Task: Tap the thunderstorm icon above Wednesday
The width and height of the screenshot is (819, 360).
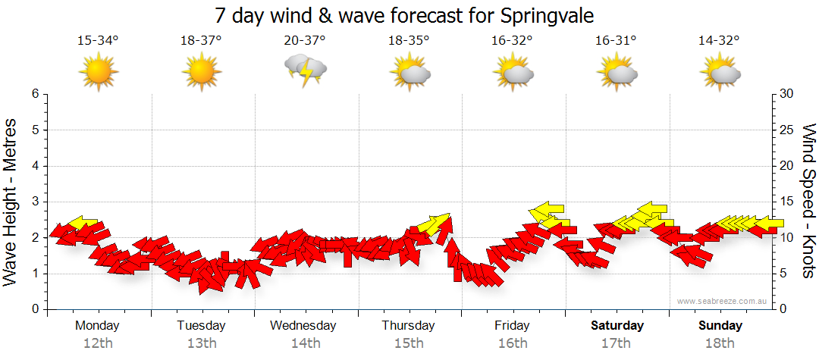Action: [x=306, y=70]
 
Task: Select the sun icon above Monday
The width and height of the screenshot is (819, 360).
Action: [x=99, y=71]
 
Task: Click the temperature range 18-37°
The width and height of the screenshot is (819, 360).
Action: [x=201, y=41]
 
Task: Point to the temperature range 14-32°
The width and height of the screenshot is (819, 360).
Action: [x=719, y=41]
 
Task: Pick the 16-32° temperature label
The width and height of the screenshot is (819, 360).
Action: [x=512, y=41]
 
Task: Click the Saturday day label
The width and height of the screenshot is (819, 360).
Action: [x=617, y=326]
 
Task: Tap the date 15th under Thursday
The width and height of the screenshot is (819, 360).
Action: [x=409, y=343]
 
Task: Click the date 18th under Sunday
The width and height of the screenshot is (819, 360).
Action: [x=720, y=343]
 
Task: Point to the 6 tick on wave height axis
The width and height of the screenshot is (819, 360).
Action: [x=35, y=94]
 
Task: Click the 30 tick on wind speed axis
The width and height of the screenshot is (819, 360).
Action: [x=787, y=94]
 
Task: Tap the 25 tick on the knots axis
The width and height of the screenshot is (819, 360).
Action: [x=787, y=130]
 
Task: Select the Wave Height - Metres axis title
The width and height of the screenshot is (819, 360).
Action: [x=12, y=202]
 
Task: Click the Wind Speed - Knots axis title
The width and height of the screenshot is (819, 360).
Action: [x=808, y=202]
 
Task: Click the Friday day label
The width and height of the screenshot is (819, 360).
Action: [x=512, y=326]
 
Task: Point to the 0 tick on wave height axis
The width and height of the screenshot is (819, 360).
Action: [x=35, y=310]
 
